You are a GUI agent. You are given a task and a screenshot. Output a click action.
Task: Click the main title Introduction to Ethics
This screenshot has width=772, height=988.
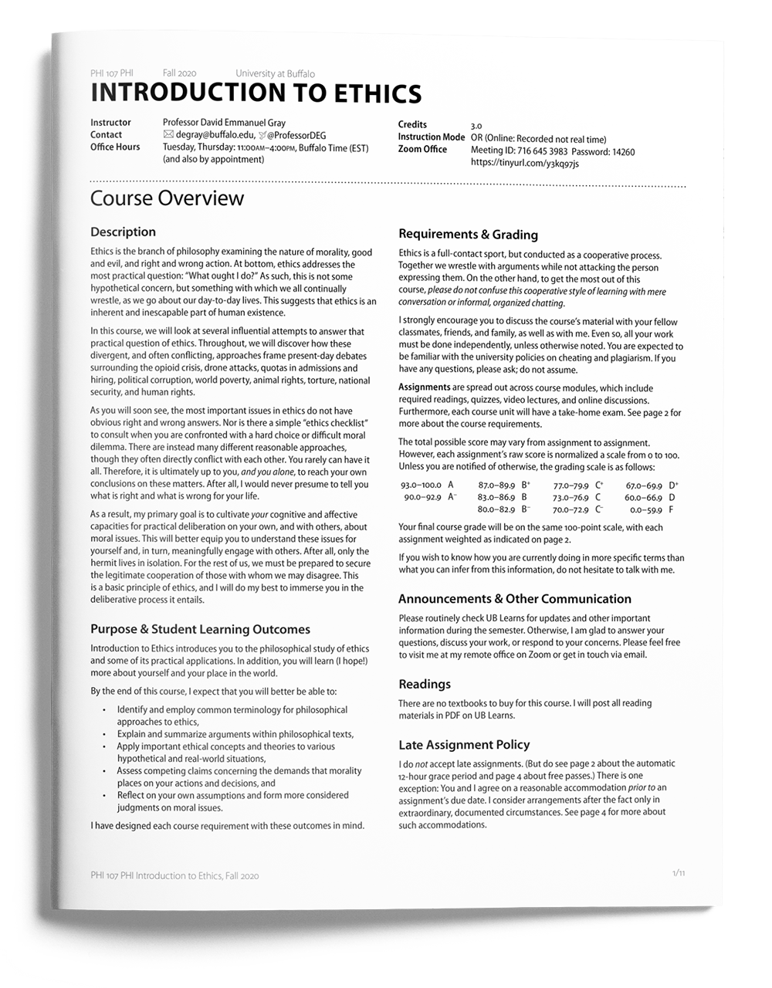pyautogui.click(x=256, y=93)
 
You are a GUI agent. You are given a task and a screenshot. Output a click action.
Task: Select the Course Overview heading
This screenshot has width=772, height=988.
pyautogui.click(x=167, y=198)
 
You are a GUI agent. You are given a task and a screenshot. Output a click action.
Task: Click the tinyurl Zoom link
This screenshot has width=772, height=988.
pyautogui.click(x=524, y=164)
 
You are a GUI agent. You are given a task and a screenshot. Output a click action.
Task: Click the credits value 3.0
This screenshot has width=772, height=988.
pyautogui.click(x=476, y=126)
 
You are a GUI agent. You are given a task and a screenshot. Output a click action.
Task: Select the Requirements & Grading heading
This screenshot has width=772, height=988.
pyautogui.click(x=468, y=235)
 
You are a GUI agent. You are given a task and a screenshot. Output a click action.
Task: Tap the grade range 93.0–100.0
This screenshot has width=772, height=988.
pyautogui.click(x=421, y=486)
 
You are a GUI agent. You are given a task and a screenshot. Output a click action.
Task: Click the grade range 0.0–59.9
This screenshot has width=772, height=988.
pyautogui.click(x=645, y=510)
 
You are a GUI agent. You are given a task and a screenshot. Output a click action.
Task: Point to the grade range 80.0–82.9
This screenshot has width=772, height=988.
pyautogui.click(x=496, y=510)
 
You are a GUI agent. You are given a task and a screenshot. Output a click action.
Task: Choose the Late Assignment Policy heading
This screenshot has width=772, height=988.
pyautogui.click(x=464, y=745)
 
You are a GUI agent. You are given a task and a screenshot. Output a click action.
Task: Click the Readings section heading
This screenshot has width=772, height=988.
pyautogui.click(x=425, y=684)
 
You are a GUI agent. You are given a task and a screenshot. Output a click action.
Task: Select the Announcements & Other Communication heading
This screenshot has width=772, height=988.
pyautogui.click(x=514, y=599)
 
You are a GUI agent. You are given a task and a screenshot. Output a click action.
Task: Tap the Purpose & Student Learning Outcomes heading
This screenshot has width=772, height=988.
pyautogui.click(x=200, y=630)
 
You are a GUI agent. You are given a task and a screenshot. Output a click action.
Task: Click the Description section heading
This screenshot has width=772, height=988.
pyautogui.click(x=123, y=232)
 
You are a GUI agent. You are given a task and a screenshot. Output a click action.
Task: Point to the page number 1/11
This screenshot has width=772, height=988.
pyautogui.click(x=679, y=873)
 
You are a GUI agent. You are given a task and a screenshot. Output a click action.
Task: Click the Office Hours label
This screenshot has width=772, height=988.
pyautogui.click(x=115, y=147)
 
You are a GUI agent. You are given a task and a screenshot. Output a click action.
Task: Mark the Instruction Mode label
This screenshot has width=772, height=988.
pyautogui.click(x=431, y=137)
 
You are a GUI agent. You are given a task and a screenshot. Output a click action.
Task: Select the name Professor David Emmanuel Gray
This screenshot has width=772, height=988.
pyautogui.click(x=224, y=123)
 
